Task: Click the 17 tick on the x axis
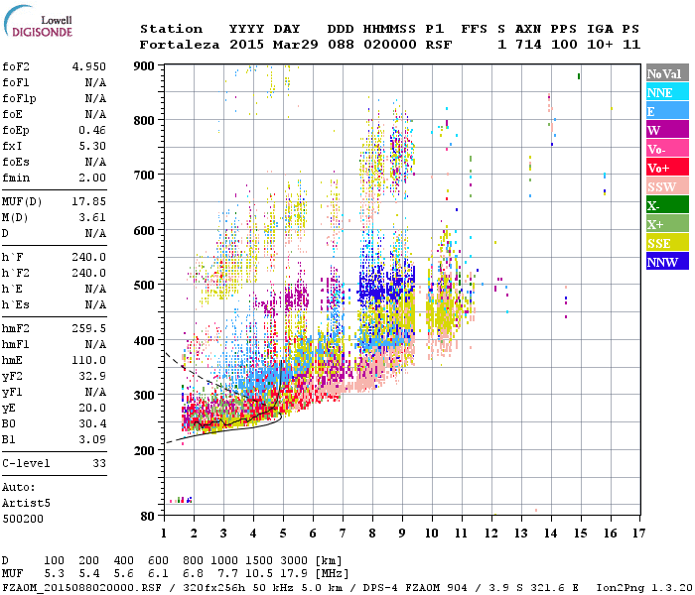636,533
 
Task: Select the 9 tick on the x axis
401,533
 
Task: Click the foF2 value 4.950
88,66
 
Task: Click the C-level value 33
99,462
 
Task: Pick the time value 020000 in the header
389,45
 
